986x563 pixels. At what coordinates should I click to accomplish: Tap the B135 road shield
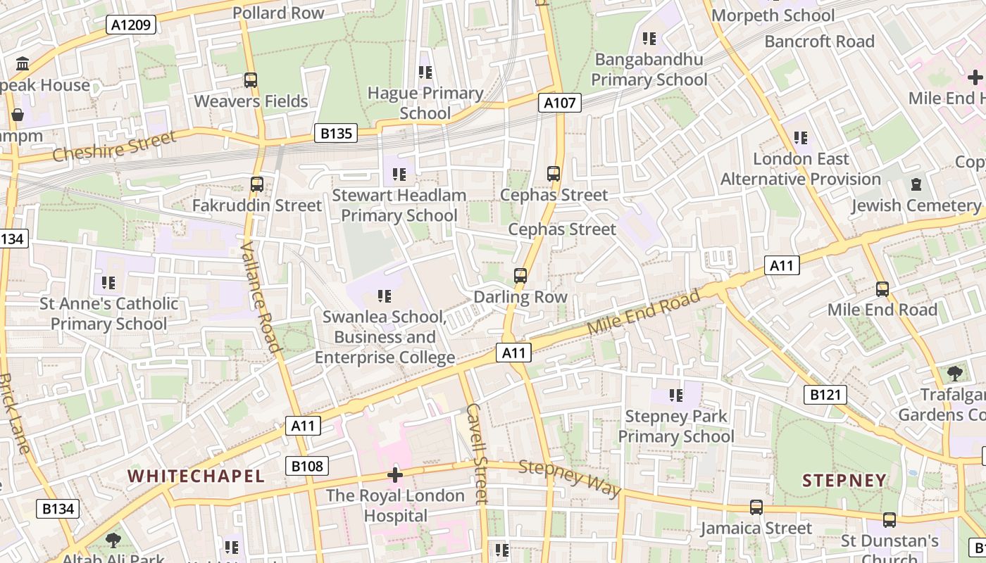[335, 133]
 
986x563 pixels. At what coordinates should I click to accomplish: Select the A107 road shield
[560, 103]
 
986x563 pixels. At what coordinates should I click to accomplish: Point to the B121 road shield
[825, 395]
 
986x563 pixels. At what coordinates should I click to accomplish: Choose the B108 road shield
[307, 466]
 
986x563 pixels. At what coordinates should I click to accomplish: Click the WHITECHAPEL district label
[196, 476]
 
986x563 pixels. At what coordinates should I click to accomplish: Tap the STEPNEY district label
[844, 481]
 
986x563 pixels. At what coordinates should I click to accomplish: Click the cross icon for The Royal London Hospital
[395, 475]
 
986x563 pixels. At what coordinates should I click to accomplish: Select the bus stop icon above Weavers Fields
[251, 80]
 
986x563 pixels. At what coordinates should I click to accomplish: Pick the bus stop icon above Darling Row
[520, 276]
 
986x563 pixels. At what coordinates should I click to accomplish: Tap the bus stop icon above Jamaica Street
[756, 507]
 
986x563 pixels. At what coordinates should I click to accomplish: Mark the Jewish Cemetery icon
[916, 184]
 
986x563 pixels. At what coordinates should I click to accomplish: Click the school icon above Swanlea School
[384, 296]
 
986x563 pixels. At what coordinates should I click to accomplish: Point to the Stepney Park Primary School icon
[676, 396]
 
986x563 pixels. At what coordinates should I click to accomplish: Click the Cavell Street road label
[477, 453]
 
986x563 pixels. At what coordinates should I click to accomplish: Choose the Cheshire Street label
[113, 146]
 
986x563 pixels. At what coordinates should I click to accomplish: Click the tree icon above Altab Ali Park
[113, 540]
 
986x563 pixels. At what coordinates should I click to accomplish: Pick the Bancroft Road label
[819, 42]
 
